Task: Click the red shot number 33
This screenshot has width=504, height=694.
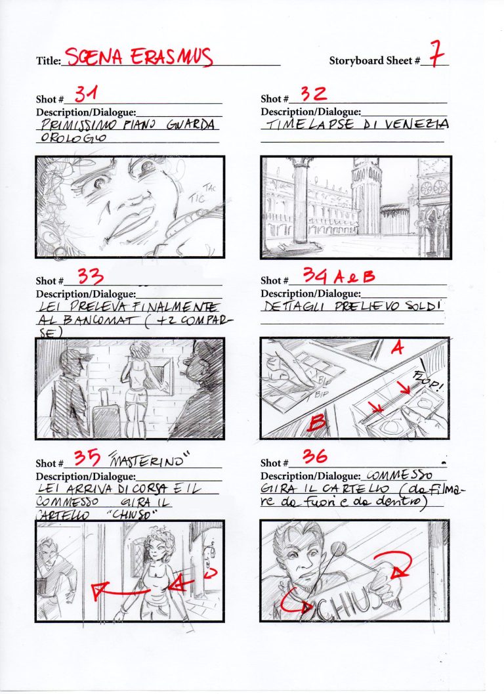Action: (x=92, y=276)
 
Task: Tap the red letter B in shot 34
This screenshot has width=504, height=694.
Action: (x=316, y=424)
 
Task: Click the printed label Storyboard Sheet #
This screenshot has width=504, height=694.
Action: (x=374, y=61)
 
